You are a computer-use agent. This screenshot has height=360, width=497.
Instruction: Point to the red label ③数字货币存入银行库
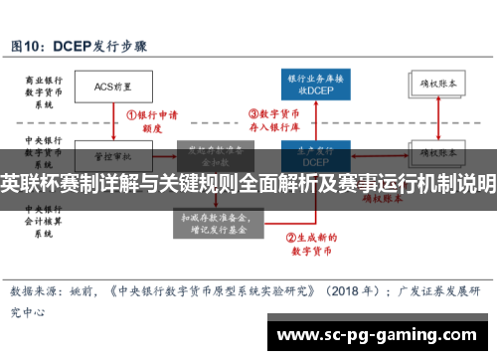pos(274,119)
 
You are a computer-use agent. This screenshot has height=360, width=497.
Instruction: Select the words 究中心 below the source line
pos(29,284)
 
